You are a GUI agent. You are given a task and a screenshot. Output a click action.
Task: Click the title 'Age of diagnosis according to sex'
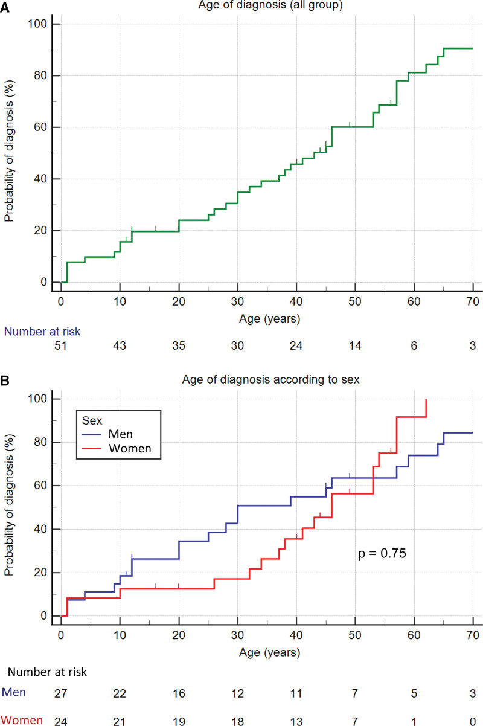[x=270, y=379]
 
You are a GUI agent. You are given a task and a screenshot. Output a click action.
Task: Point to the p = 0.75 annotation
[x=382, y=554]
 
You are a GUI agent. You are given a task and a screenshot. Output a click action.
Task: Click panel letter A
[x=5, y=7]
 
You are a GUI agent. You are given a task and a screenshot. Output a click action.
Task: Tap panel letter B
[x=5, y=381]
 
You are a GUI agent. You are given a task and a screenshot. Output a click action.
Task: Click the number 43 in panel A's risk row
[x=119, y=345]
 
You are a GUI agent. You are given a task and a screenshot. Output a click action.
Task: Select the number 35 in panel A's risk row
[x=179, y=345]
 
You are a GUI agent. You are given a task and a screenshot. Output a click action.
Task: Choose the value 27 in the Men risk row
[x=60, y=693]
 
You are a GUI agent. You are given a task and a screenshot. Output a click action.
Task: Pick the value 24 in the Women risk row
[x=60, y=721]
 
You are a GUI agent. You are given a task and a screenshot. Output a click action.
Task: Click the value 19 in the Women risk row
[x=179, y=721]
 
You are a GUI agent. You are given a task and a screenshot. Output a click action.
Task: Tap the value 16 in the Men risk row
[x=179, y=693]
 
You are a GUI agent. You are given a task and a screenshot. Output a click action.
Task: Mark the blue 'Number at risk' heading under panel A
[x=42, y=332]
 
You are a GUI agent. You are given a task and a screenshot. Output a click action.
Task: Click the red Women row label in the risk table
[x=22, y=720]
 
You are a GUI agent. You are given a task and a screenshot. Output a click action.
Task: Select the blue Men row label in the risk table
[x=14, y=692]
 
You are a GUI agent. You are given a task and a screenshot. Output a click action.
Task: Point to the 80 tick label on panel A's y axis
[x=40, y=75]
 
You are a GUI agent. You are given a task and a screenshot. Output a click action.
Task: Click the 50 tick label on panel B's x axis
[x=355, y=635]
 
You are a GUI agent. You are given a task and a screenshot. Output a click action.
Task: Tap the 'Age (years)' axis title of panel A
[x=269, y=319]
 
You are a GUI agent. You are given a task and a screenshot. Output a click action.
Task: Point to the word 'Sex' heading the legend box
[x=92, y=420]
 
